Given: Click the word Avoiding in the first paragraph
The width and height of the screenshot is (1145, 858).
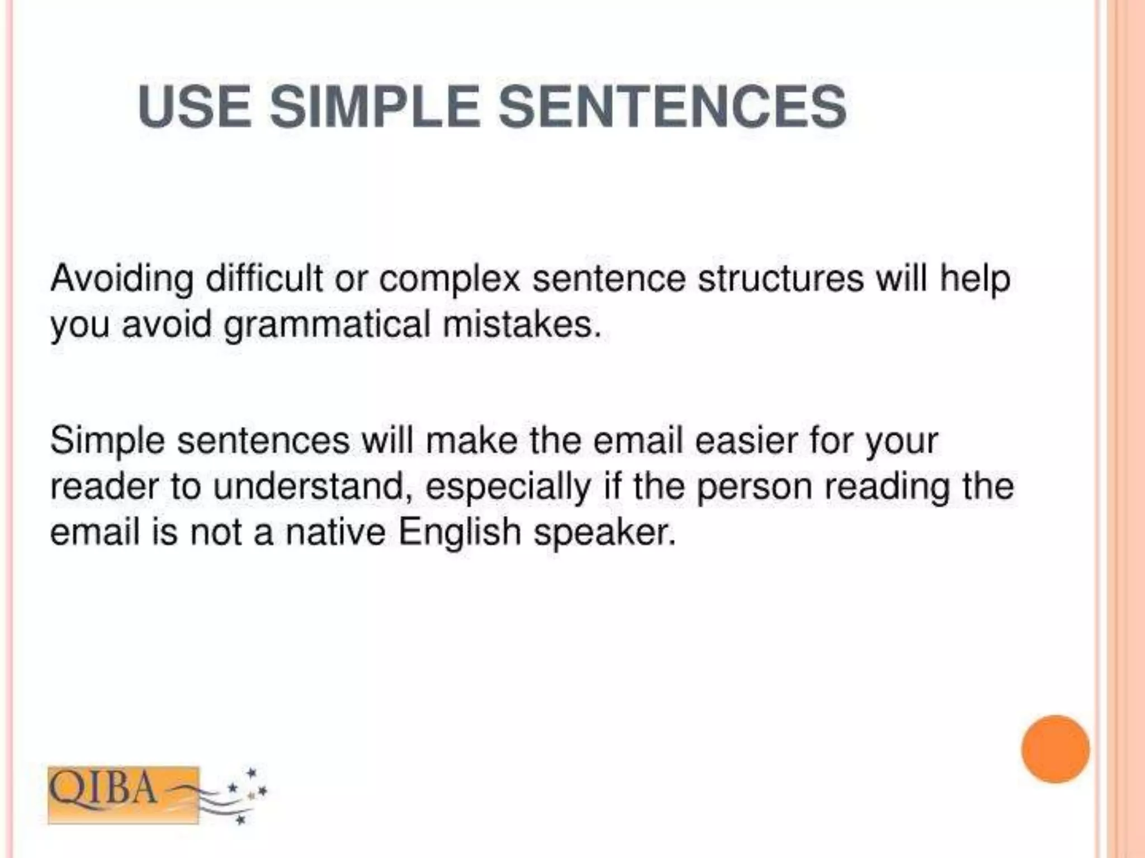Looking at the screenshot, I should click(x=122, y=279).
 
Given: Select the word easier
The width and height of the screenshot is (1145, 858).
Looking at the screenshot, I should click(x=745, y=441).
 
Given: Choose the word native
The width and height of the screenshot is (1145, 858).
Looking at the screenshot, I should click(x=335, y=532).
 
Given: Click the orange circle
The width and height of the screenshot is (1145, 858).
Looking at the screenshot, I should click(x=1055, y=749).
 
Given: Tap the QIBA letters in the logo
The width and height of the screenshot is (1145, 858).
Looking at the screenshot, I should click(x=103, y=789).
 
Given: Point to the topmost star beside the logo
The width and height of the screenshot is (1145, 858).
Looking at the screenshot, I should click(x=251, y=773).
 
